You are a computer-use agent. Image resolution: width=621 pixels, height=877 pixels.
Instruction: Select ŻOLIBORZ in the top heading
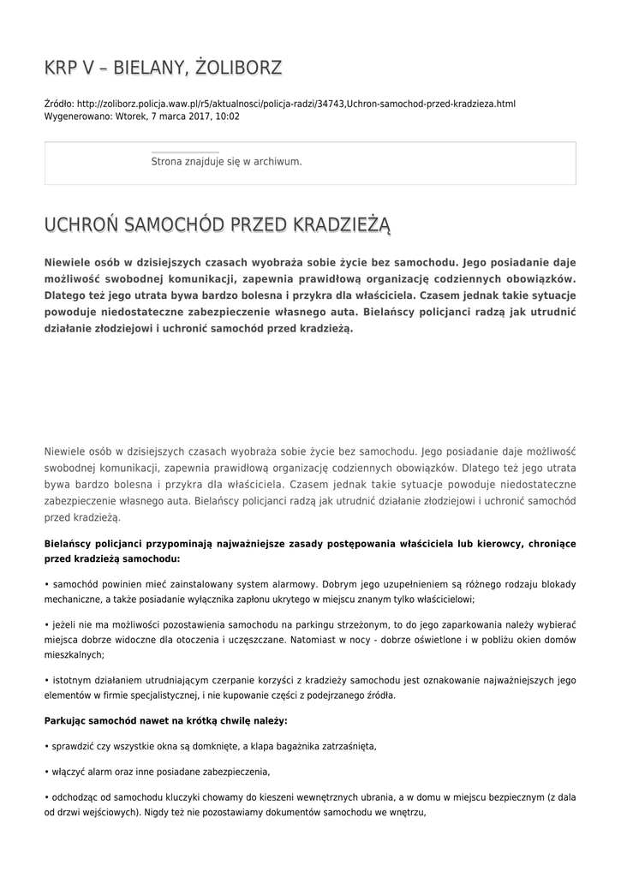coord(237,68)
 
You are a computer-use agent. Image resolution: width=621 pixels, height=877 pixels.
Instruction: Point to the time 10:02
coord(228,116)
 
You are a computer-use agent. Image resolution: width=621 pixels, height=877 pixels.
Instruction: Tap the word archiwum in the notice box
coord(281,161)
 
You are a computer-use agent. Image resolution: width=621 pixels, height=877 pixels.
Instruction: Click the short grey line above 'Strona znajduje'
coord(185,152)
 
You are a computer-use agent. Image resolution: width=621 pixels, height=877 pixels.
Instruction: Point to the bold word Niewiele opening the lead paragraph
coord(69,263)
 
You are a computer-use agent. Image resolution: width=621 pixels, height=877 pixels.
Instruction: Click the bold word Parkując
coord(67,720)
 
